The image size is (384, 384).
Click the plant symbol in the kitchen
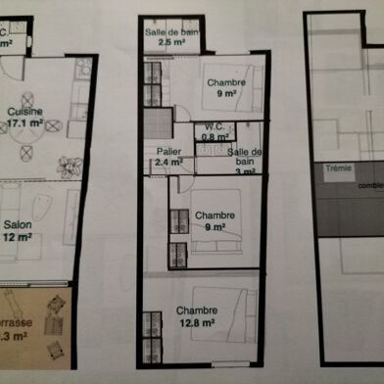coord(67,166)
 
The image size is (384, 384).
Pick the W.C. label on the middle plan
coord(216,127)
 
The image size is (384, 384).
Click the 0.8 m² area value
coord(216,138)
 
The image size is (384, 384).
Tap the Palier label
coord(168,151)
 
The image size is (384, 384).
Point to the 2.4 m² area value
coord(168,163)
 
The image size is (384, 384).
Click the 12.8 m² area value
coord(197,322)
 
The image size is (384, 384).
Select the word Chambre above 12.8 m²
coord(197,311)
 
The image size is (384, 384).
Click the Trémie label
coord(338,168)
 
